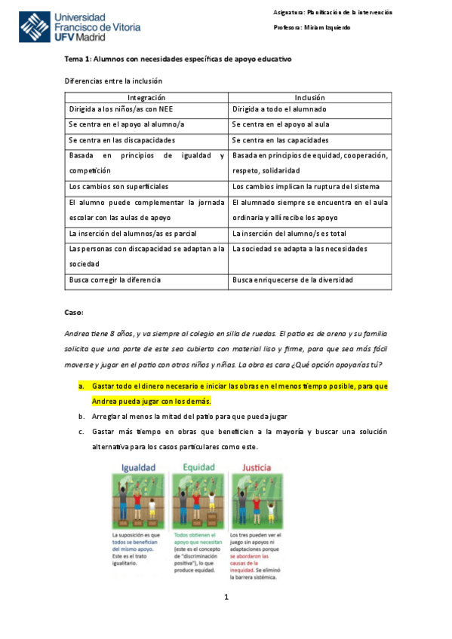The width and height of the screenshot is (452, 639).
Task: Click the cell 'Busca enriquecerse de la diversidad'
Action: click(292, 280)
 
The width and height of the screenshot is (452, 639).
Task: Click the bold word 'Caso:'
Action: click(75, 311)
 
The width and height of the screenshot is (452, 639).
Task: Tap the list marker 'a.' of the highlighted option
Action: click(81, 386)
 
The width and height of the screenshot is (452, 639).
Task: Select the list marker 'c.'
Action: click(81, 432)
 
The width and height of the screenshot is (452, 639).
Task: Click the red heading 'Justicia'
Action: click(256, 467)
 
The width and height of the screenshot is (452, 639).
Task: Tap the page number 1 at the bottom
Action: click(226, 598)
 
